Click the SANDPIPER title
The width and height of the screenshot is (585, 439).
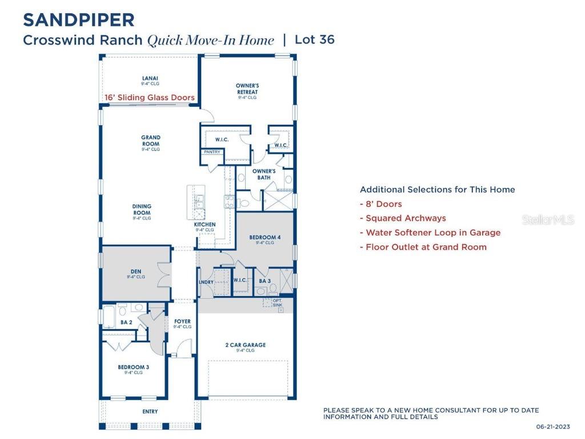pyautogui.click(x=79, y=20)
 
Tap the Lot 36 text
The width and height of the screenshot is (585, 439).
pyautogui.click(x=314, y=39)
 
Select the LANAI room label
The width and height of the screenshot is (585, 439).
pyautogui.click(x=150, y=78)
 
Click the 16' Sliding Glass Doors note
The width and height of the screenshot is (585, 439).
pyautogui.click(x=150, y=98)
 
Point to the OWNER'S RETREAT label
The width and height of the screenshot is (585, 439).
pyautogui.click(x=247, y=89)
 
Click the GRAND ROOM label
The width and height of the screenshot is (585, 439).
pyautogui.click(x=151, y=141)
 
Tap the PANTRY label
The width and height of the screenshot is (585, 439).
pyautogui.click(x=212, y=152)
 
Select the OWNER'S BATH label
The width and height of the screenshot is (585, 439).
pyautogui.click(x=264, y=174)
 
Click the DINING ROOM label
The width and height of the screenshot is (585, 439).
pyautogui.click(x=142, y=210)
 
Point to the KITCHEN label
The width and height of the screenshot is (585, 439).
pyautogui.click(x=205, y=225)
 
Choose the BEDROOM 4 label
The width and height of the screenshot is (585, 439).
pyautogui.click(x=265, y=237)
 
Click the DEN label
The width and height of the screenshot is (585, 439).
pyautogui.click(x=135, y=272)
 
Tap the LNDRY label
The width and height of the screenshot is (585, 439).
pyautogui.click(x=206, y=282)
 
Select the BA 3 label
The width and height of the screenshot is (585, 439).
pyautogui.click(x=265, y=281)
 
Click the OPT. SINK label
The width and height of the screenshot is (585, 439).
pyautogui.click(x=278, y=302)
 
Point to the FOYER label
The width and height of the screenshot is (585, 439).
pyautogui.click(x=182, y=322)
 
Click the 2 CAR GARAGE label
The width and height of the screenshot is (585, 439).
pyautogui.click(x=246, y=345)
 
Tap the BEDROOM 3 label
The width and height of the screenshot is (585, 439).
pyautogui.click(x=134, y=368)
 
